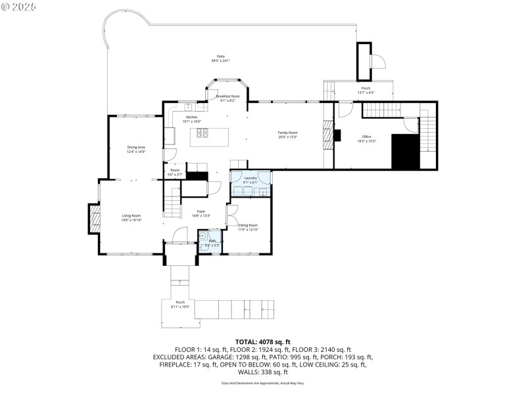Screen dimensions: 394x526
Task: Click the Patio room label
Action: tap(220, 58)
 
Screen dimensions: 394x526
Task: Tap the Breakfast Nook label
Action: tap(227, 98)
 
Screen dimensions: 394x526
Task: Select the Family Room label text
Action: tap(288, 135)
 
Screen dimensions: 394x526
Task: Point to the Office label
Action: tap(366, 138)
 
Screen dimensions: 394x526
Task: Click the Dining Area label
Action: tap(136, 149)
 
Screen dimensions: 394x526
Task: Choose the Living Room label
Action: tap(131, 217)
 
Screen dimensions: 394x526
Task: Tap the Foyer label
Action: tap(202, 213)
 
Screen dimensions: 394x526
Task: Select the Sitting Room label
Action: tap(248, 227)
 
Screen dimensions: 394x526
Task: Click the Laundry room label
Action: tap(250, 179)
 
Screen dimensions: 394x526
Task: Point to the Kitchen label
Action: tap(191, 119)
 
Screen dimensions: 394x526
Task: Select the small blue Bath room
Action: tap(212, 239)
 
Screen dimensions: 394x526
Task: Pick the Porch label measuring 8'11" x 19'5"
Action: tap(179, 304)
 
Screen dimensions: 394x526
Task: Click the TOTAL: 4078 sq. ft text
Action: tap(262, 341)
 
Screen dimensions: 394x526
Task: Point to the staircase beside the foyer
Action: tap(172, 202)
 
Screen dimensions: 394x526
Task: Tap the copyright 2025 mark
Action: tap(19, 7)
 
